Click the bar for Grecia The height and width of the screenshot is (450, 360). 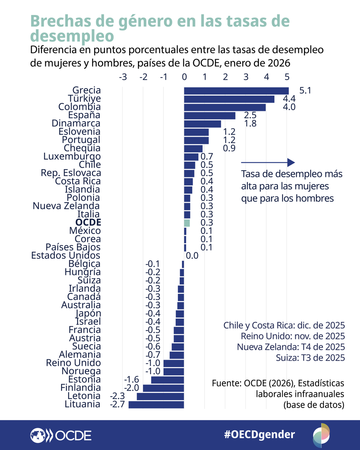pos(236,91)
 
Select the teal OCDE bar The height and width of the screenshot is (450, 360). pos(187,223)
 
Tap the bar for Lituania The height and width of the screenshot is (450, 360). pos(156,404)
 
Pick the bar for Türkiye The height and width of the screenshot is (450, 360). pos(229,99)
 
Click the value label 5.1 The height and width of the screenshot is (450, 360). pos(306,91)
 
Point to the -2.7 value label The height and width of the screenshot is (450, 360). pos(117,404)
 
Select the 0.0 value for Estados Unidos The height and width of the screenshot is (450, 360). pos(192,256)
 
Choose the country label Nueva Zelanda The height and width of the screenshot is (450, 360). pos(66,206)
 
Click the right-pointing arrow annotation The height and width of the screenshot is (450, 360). pos(268,162)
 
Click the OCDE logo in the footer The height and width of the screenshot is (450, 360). pos(61,435)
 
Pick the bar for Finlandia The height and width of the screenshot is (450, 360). pos(163,388)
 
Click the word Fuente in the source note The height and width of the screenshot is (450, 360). pos(225,384)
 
